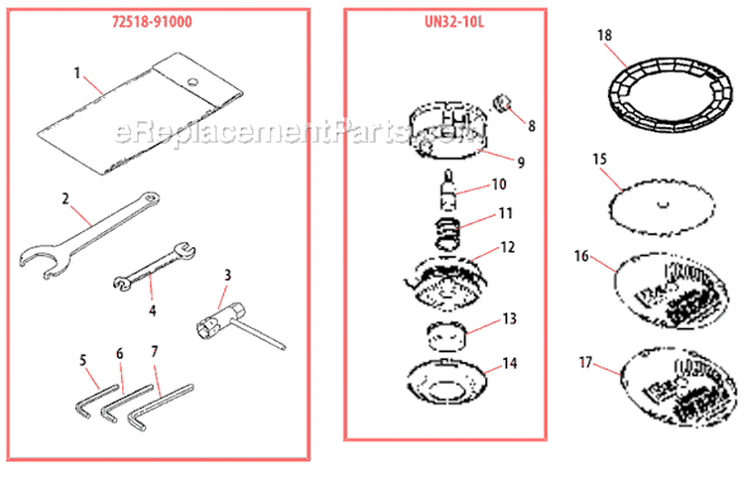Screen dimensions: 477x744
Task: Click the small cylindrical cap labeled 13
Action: (x=447, y=335)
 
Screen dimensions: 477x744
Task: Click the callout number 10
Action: (x=499, y=184)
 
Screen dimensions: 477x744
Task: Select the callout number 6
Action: (x=120, y=353)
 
